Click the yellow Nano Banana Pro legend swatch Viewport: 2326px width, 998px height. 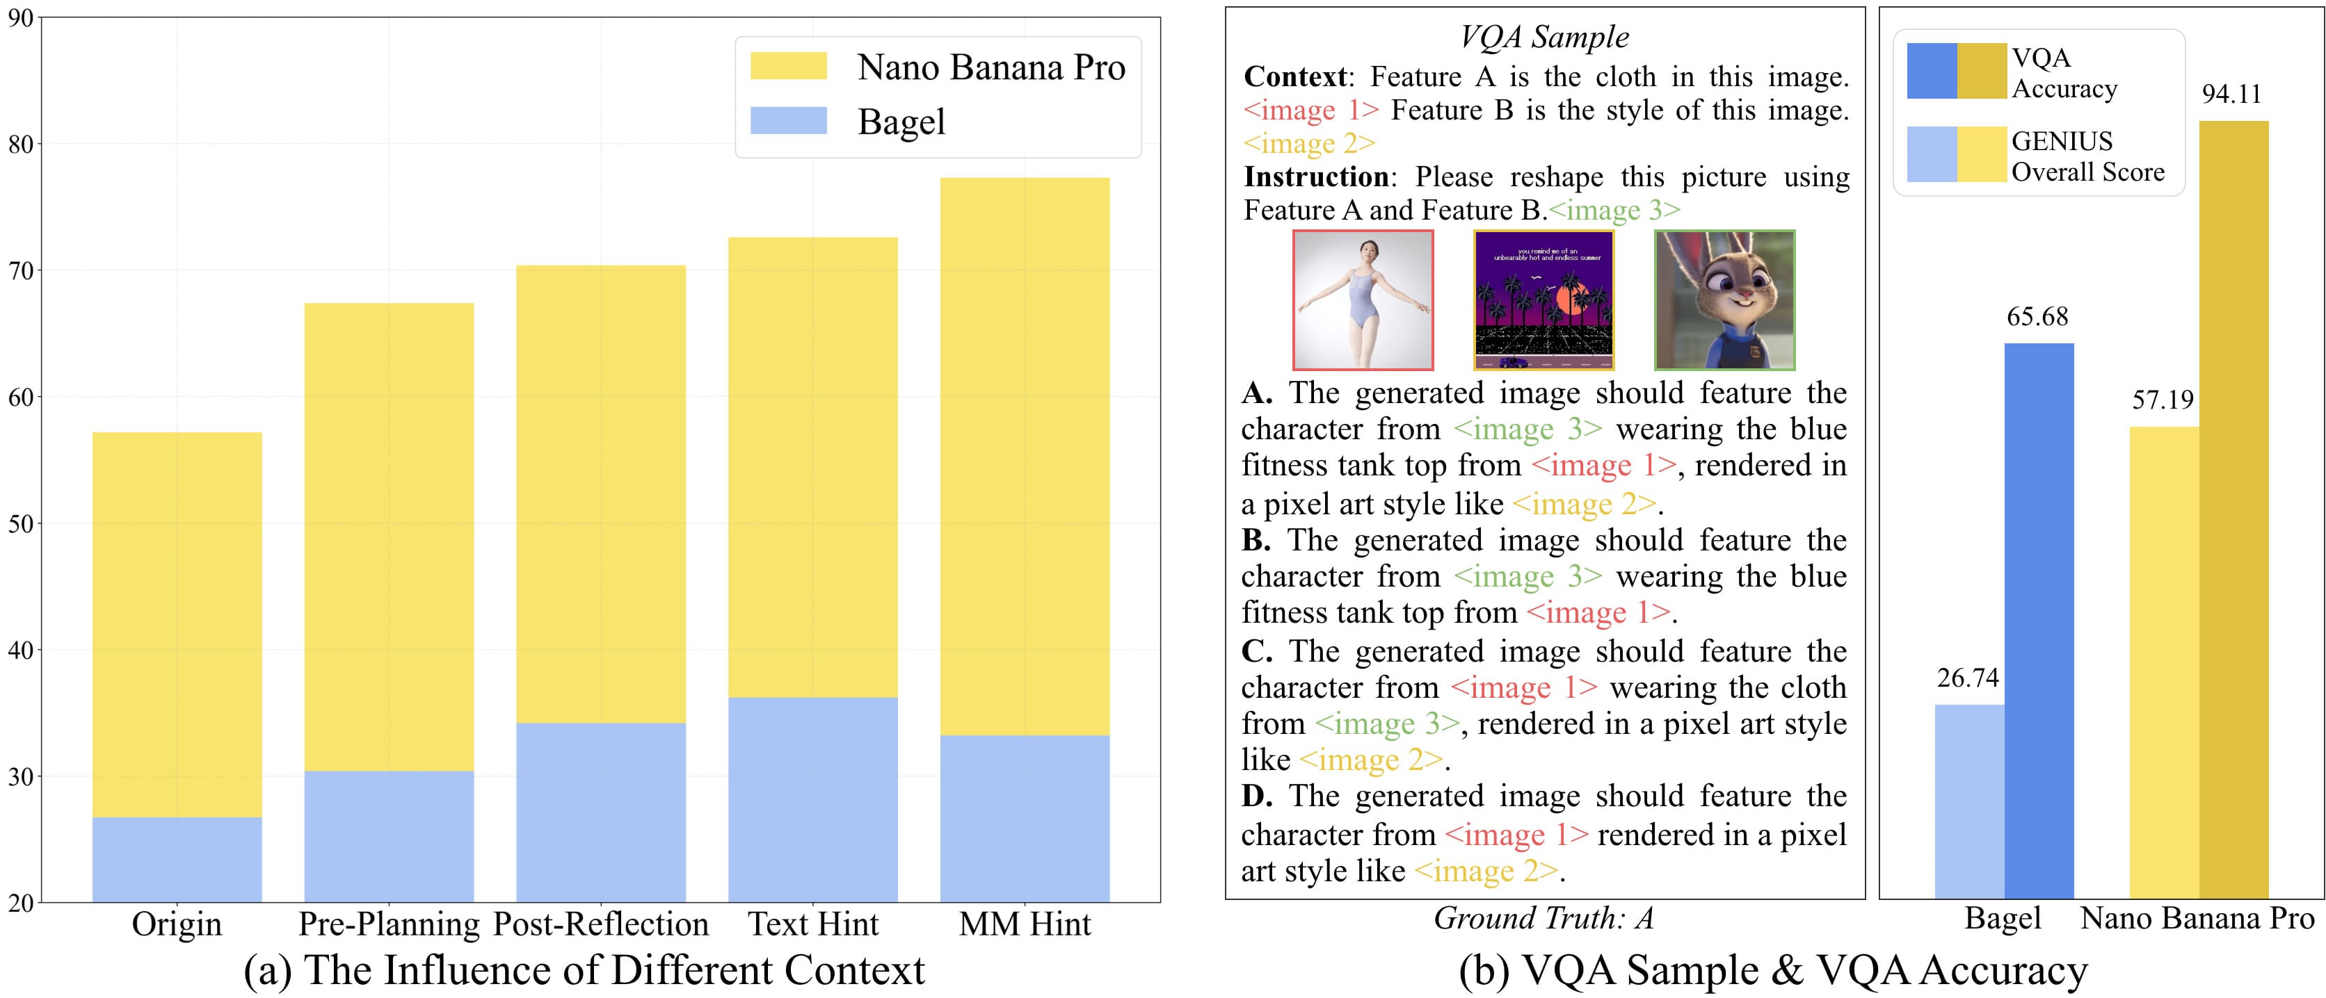pyautogui.click(x=788, y=66)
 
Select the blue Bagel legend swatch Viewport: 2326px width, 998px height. pyautogui.click(x=788, y=121)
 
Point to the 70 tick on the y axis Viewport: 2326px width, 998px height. pyautogui.click(x=21, y=271)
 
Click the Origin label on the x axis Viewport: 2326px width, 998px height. pyautogui.click(x=177, y=924)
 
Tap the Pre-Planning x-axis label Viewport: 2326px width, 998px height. pyautogui.click(x=389, y=924)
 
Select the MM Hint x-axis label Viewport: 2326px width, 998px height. pyautogui.click(x=1025, y=924)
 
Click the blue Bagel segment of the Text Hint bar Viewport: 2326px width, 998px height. pyautogui.click(x=812, y=799)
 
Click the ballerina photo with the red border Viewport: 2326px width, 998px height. pyautogui.click(x=1363, y=300)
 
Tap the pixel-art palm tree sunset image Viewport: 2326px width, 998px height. pyautogui.click(x=1543, y=300)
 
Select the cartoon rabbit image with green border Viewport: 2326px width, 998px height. pyautogui.click(x=1724, y=300)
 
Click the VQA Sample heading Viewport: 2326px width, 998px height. pyautogui.click(x=1544, y=37)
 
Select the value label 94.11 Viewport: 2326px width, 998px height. pyautogui.click(x=2231, y=94)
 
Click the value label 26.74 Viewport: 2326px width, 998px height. pyautogui.click(x=1968, y=678)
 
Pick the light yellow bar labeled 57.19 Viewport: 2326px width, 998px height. pyautogui.click(x=2163, y=662)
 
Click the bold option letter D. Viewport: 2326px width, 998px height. pyautogui.click(x=1256, y=796)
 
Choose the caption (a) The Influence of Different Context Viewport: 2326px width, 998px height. pyautogui.click(x=584, y=971)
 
